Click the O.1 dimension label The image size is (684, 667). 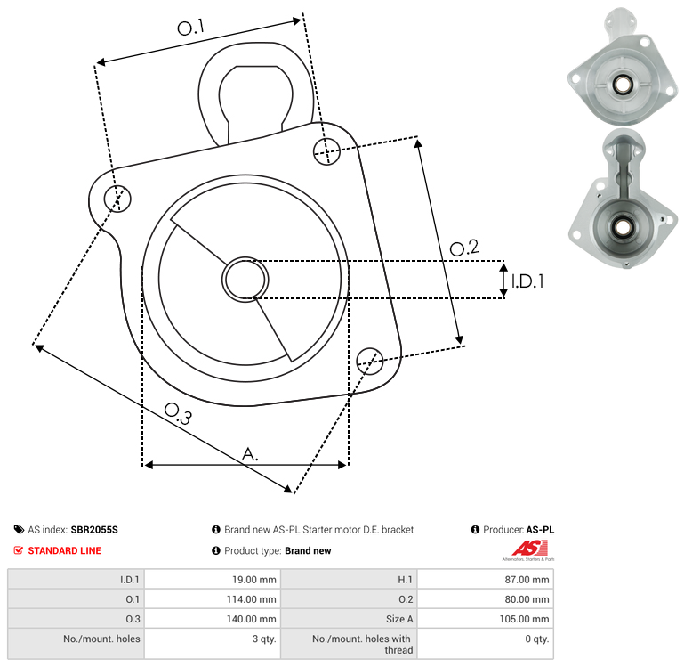coord(190,27)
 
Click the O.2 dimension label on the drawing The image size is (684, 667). coord(464,248)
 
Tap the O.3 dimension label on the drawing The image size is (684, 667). coord(178,414)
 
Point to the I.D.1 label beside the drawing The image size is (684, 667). coord(527,281)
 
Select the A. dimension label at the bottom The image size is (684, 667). coord(250,454)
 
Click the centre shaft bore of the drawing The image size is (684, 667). coord(245,280)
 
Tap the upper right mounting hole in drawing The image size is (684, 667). coord(326,151)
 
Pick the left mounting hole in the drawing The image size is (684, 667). coord(117,199)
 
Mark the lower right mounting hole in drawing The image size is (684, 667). coord(370,362)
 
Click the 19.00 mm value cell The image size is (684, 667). coord(213,579)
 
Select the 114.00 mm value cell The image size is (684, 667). coord(213,598)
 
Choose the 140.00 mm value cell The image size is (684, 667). coord(213,619)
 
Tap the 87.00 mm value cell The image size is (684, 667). coord(486,579)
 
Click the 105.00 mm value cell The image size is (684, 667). coord(486,619)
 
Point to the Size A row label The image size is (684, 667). coord(399,619)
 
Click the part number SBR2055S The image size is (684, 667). coord(94,529)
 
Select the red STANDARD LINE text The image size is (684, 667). coord(65,550)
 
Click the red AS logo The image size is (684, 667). coord(529,548)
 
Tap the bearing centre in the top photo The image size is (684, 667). coord(622,85)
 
